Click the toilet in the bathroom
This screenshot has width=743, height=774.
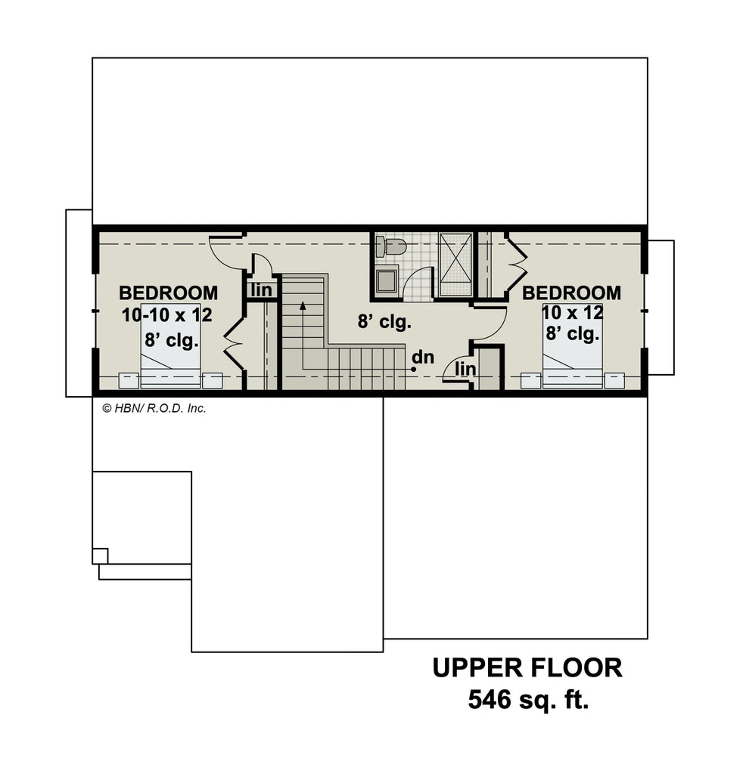pos(391,246)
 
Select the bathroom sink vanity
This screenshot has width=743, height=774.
pos(387,280)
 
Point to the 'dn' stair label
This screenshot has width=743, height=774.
pos(424,357)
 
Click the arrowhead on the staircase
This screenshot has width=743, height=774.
pos(302,306)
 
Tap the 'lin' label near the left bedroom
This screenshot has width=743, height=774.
pos(261,289)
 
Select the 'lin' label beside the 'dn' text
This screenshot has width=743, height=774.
pos(465,370)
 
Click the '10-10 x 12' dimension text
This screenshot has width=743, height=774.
pos(167,315)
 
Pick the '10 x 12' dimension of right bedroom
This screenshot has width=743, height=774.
pos(572,312)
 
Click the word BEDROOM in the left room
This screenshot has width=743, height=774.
pos(168,293)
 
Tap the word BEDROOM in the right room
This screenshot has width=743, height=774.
pos(571,293)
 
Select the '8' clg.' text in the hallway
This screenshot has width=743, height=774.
pos(384,322)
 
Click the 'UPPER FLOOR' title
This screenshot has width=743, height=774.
pos(527,667)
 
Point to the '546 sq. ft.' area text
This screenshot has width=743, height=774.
pos(527,699)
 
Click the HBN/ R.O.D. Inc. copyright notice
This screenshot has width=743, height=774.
pos(154,408)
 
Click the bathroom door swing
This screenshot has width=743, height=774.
pos(418,286)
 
